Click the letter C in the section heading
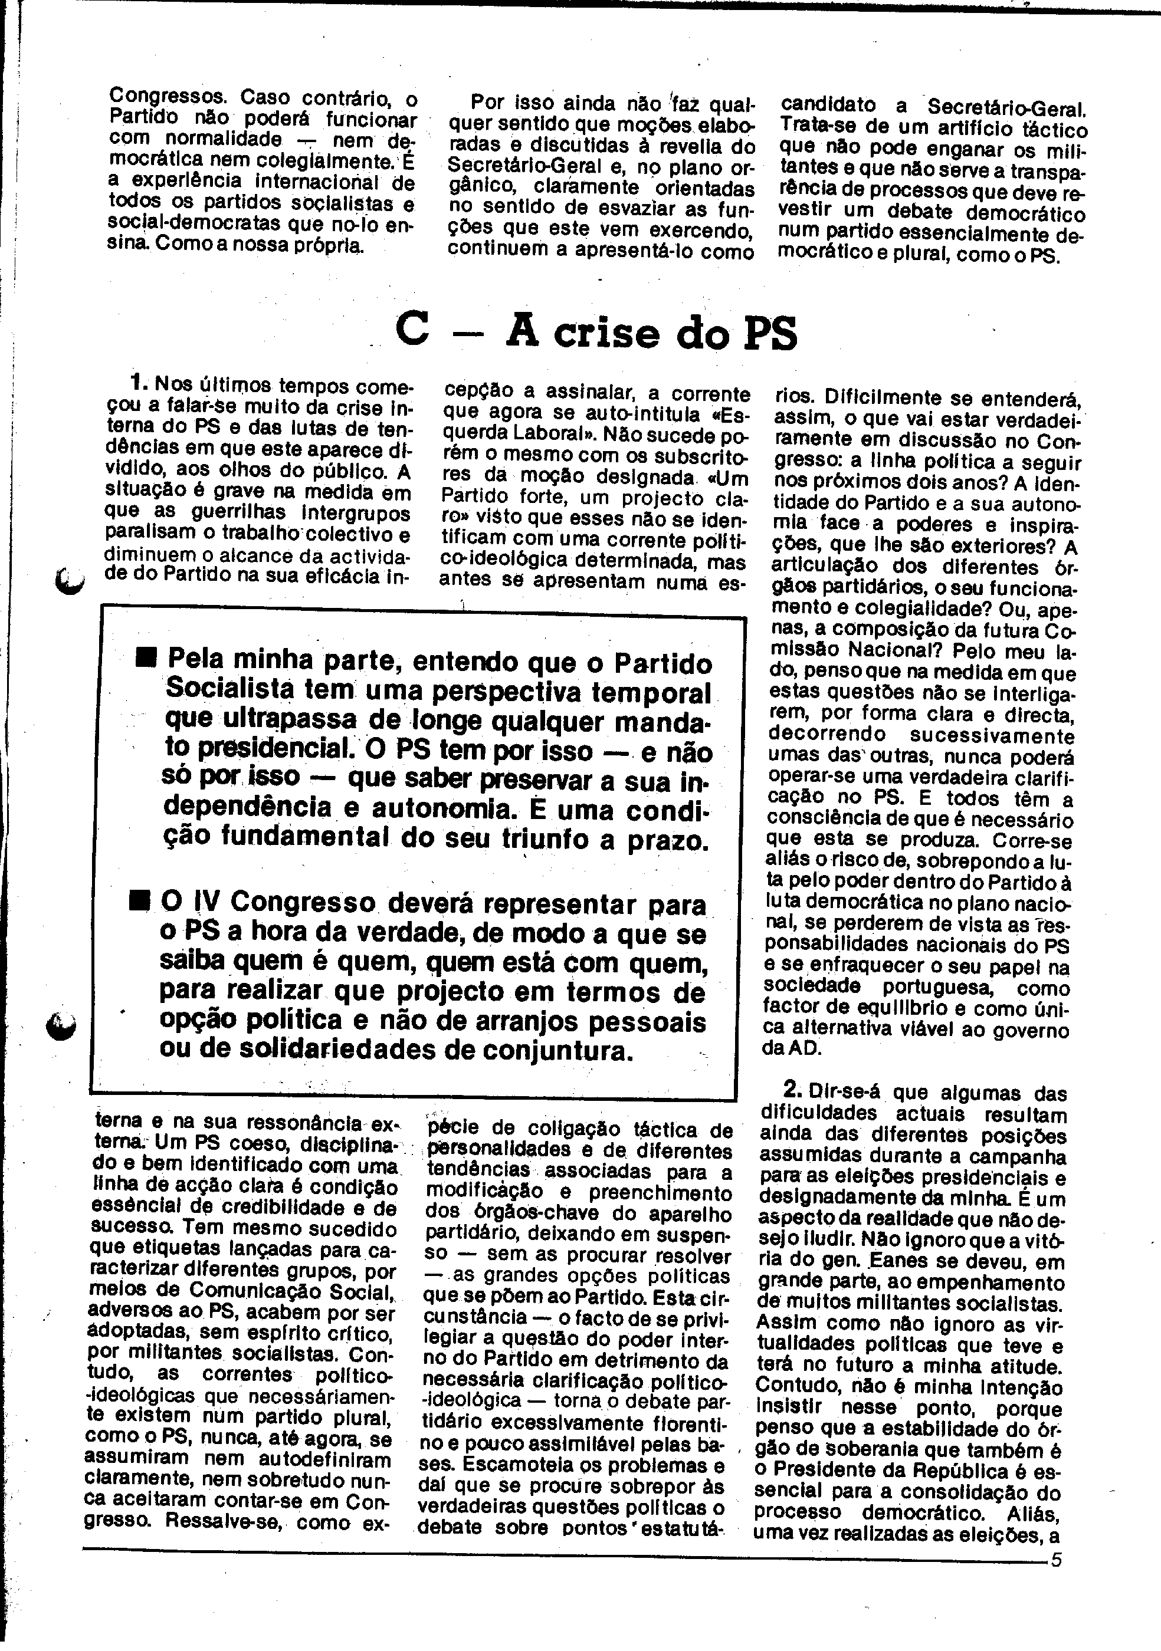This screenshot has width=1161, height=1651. (x=413, y=331)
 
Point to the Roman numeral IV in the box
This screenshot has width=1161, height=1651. (x=200, y=901)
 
